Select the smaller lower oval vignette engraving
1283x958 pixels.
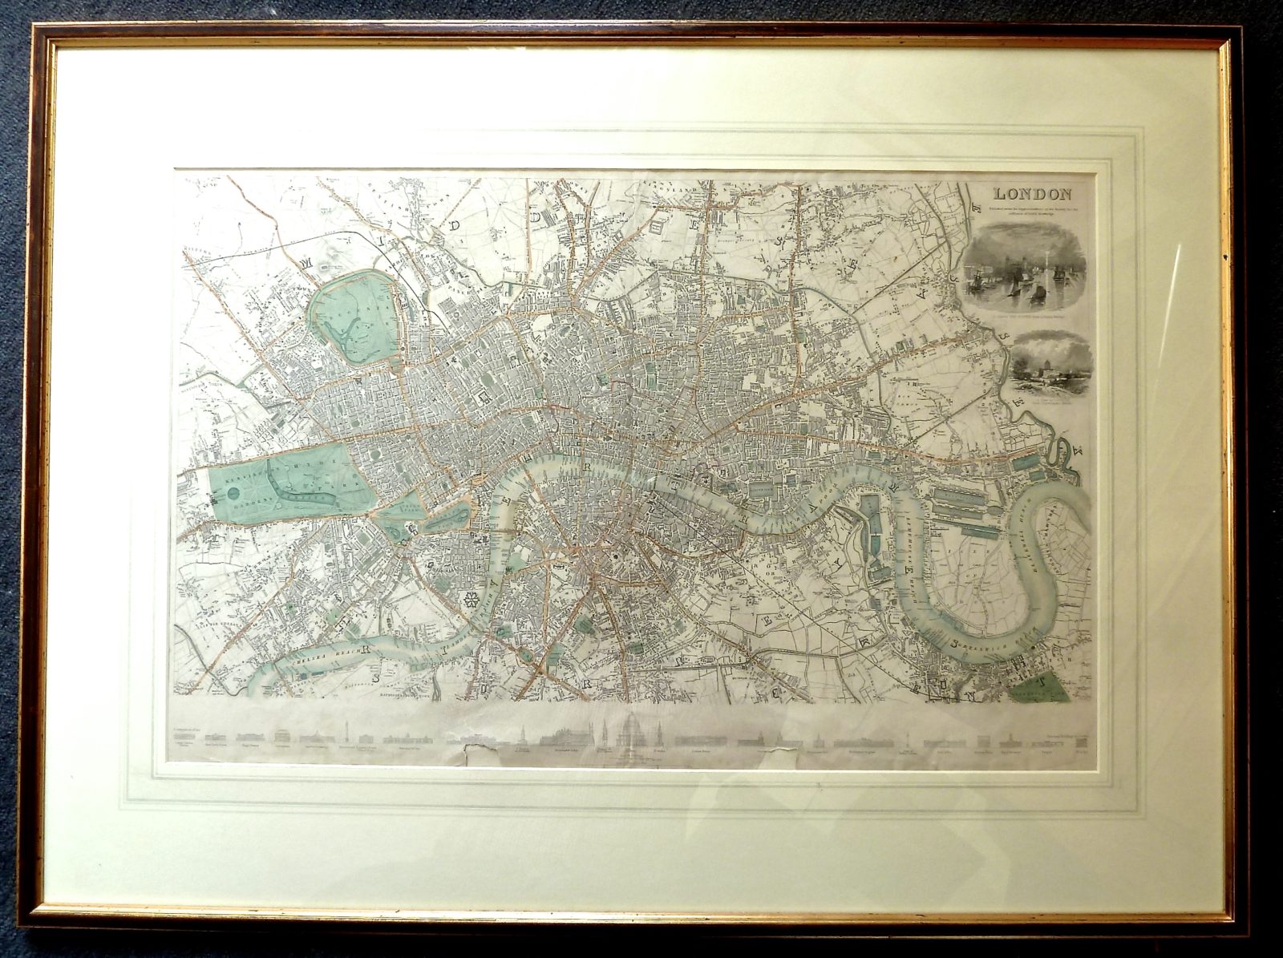1051,366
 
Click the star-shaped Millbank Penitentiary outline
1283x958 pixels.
470,600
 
